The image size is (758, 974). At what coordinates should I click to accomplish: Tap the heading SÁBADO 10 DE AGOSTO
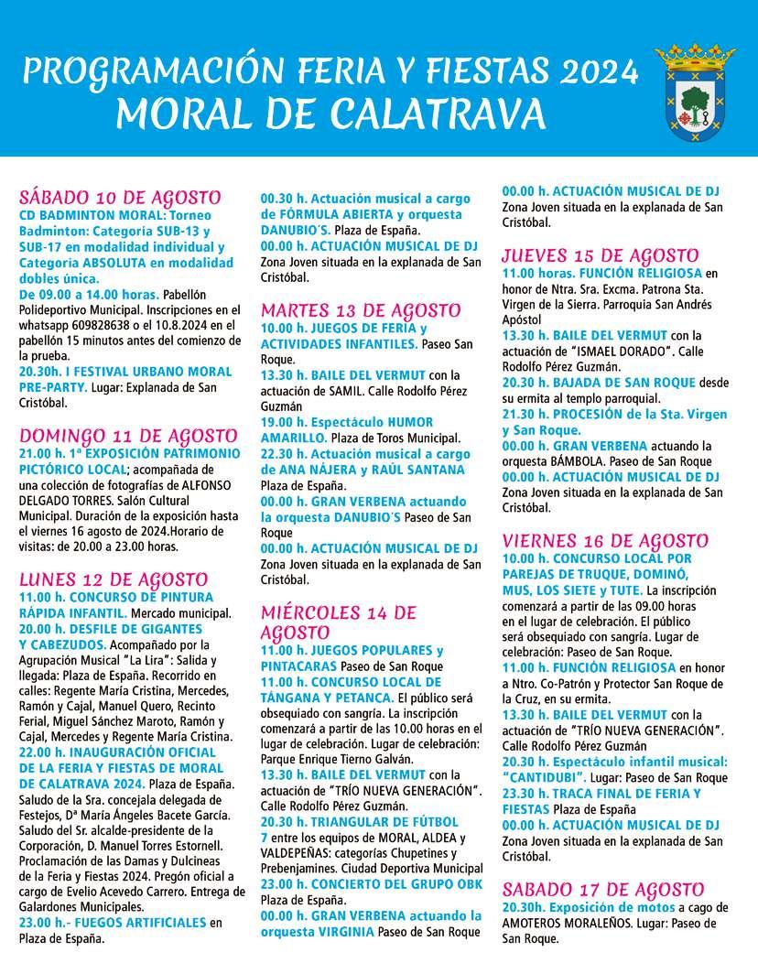coord(120,198)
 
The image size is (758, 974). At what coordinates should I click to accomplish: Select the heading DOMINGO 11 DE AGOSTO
coord(128,435)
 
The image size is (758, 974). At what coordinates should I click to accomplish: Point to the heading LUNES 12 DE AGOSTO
coord(114,579)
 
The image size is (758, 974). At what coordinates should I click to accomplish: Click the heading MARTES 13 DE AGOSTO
coord(361,309)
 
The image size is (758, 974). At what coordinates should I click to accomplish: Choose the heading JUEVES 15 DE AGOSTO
coord(600,255)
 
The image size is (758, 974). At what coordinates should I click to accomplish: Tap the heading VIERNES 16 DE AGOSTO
coord(605,540)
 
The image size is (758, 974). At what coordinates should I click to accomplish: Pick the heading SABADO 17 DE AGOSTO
coord(602,890)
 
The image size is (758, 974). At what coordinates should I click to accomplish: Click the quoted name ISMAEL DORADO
coord(606,350)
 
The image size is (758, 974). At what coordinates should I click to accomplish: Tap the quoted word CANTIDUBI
coord(545,777)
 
